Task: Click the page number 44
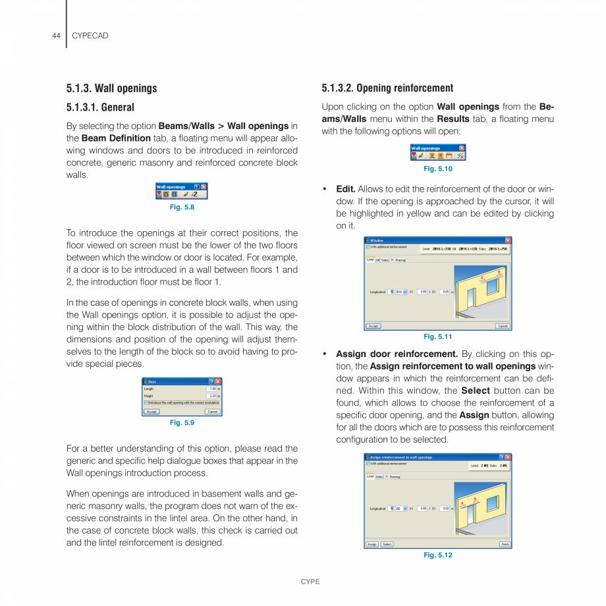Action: click(x=56, y=36)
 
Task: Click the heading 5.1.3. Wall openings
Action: click(x=111, y=88)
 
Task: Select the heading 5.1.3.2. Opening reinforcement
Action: click(x=387, y=88)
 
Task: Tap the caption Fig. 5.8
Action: click(x=182, y=207)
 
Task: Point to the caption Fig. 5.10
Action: click(x=438, y=169)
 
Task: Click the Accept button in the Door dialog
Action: click(x=151, y=412)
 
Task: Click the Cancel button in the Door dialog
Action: click(x=212, y=412)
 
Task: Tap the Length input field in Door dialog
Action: click(x=211, y=389)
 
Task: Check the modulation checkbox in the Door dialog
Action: click(x=146, y=402)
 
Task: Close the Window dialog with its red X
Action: click(x=508, y=240)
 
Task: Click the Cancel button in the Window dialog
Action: click(x=503, y=326)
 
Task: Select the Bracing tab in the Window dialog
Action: click(x=399, y=260)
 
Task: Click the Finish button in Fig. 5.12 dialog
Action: click(x=505, y=544)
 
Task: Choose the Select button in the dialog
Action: click(x=387, y=544)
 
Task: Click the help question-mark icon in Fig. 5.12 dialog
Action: click(x=501, y=456)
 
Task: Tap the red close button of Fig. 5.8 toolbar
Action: click(x=204, y=187)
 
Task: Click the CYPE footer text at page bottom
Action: click(x=310, y=582)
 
